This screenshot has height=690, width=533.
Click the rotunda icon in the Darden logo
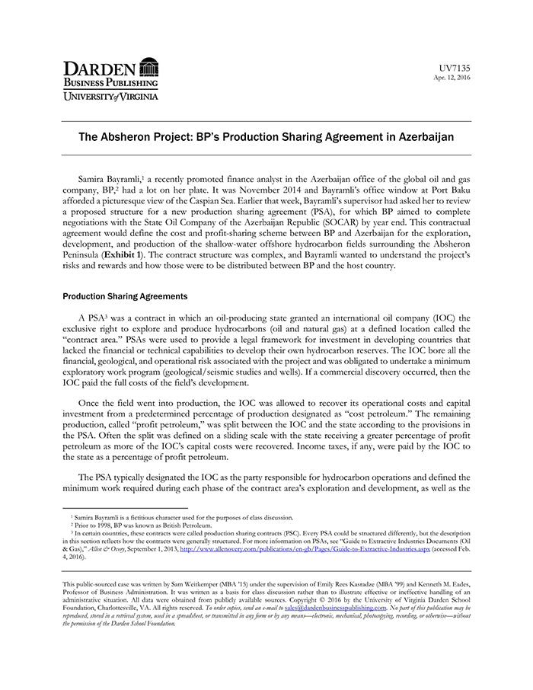click(149, 66)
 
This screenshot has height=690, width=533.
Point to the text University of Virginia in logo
click(110, 97)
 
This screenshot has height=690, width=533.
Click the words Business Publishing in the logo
click(110, 82)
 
